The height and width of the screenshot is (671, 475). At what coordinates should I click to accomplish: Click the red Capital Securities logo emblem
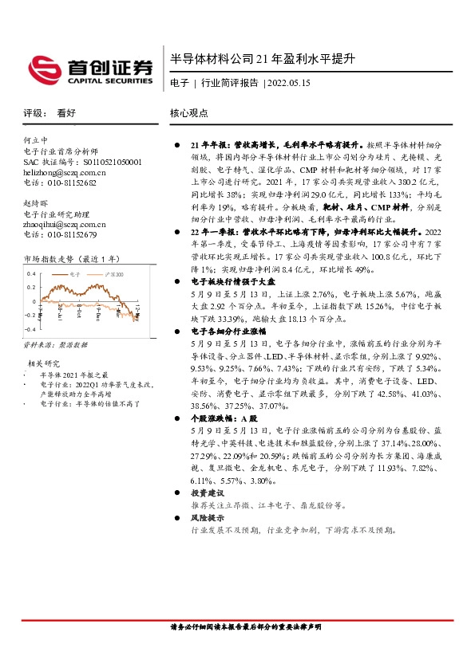click(x=46, y=69)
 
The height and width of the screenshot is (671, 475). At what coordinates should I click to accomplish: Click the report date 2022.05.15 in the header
click(x=288, y=82)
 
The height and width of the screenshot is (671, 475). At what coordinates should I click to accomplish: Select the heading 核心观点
click(x=189, y=113)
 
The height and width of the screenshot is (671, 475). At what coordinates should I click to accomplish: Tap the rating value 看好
click(x=66, y=113)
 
